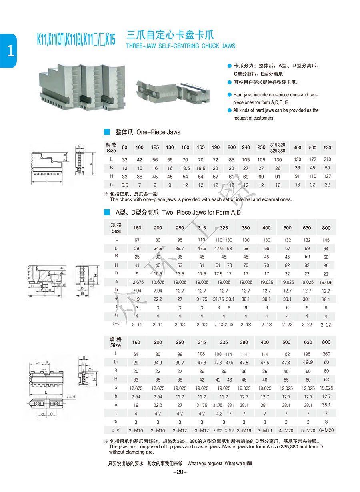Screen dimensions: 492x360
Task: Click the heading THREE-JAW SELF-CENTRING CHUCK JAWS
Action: tap(180, 46)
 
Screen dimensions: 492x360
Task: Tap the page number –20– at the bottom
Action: tap(180, 472)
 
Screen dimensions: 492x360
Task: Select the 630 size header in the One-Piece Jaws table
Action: tap(328, 147)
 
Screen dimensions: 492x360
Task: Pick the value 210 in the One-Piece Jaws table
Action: tap(328, 159)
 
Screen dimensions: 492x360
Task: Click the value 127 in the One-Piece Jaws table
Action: tap(328, 176)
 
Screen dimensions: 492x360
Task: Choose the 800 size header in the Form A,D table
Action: tap(326, 228)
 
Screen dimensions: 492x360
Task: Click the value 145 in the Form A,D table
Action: tap(326, 240)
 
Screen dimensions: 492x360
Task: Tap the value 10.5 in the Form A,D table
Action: tap(158, 274)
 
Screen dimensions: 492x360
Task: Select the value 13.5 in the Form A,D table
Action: tap(180, 274)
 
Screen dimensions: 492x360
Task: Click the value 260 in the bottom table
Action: tap(326, 353)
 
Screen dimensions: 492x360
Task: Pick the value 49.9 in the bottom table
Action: tap(307, 362)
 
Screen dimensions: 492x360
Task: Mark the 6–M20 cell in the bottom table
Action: tap(326, 430)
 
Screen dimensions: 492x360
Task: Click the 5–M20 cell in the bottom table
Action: tap(307, 430)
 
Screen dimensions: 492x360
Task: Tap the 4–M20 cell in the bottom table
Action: tap(286, 430)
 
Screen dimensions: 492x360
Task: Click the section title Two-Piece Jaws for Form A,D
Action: tap(178, 212)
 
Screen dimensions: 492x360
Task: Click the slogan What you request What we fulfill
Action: tap(220, 463)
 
